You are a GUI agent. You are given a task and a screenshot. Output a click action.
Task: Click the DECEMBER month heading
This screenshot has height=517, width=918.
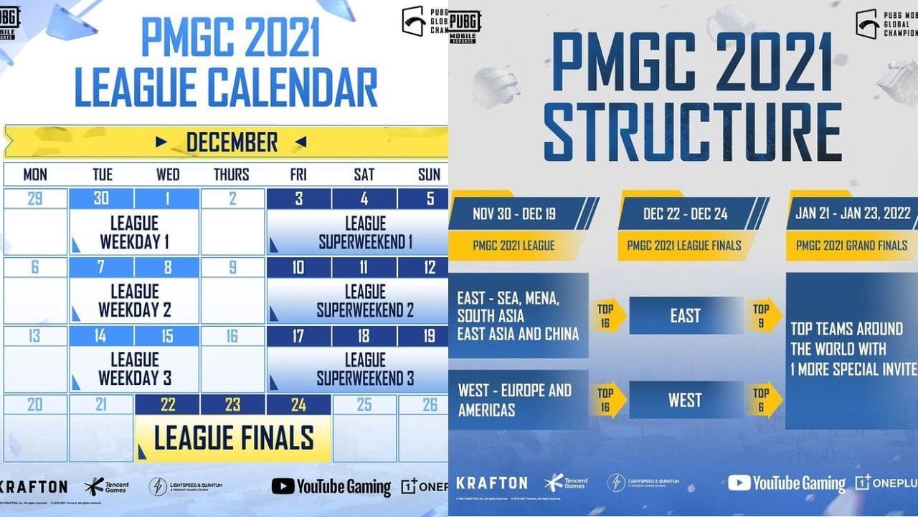click(x=231, y=142)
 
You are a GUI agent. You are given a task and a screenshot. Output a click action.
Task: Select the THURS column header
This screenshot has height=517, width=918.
click(x=231, y=174)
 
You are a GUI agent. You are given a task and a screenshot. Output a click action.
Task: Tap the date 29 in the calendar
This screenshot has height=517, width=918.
click(x=34, y=199)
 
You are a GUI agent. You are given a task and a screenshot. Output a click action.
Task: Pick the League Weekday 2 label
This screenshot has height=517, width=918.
click(x=134, y=301)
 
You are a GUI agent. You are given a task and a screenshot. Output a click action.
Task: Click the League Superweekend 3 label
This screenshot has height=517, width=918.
click(x=365, y=368)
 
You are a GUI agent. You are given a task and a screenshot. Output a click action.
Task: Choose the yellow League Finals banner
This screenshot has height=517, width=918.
click(x=234, y=438)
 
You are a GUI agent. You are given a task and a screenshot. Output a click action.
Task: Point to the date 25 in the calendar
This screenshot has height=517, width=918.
click(x=364, y=405)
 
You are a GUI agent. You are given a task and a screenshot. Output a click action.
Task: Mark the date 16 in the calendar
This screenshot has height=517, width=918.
click(x=232, y=337)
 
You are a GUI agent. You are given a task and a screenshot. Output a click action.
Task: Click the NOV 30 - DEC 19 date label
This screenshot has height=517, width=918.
click(x=514, y=214)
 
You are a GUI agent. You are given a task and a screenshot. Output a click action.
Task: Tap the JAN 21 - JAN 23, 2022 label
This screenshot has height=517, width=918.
click(x=853, y=214)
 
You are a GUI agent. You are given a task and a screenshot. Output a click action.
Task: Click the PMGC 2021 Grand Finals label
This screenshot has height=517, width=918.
click(x=851, y=246)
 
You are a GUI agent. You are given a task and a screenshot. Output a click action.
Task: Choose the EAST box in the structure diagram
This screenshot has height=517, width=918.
click(x=685, y=316)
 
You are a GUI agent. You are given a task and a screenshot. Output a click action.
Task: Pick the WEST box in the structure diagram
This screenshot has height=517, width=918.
click(x=685, y=400)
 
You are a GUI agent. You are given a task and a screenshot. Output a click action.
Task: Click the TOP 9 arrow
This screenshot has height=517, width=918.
click(x=762, y=316)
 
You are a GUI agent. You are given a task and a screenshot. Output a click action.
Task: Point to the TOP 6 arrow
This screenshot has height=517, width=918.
click(x=762, y=400)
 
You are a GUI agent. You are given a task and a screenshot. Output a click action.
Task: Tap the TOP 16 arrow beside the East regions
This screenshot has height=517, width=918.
click(x=606, y=316)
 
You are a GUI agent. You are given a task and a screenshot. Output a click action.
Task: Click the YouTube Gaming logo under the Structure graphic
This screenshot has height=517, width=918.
click(x=786, y=483)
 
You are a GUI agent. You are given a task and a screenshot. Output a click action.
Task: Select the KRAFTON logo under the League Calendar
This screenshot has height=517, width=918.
click(x=34, y=487)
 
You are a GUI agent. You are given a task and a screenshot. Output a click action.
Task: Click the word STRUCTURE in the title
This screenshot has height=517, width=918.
click(x=692, y=133)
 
